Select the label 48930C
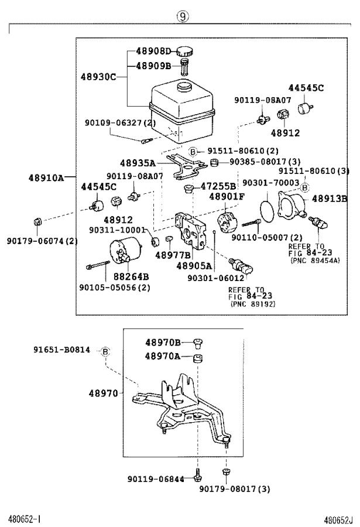[98, 77]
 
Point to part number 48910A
[46, 176]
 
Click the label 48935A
[138, 163]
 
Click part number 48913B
[329, 199]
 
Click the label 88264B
[131, 276]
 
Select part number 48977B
[173, 255]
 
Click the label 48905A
[194, 265]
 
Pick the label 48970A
[163, 357]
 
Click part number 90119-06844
[156, 479]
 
